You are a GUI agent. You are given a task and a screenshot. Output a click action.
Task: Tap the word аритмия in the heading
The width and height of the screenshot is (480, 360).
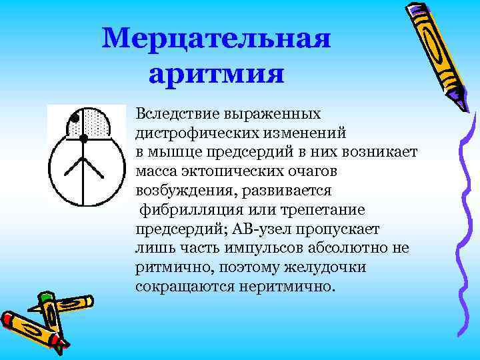217,72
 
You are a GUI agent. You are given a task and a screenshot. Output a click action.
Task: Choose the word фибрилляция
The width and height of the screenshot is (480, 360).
180,210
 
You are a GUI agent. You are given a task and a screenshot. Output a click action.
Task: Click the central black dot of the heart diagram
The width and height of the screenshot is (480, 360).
84,139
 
